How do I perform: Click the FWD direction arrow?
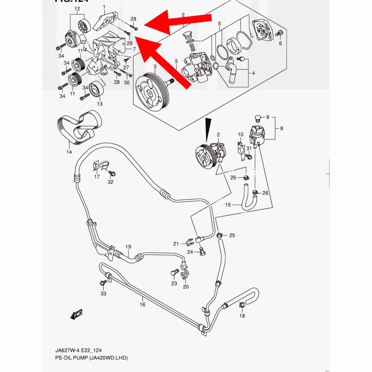[x=76, y=314]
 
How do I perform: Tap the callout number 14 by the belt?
[x=69, y=152]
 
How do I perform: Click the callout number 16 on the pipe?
[x=142, y=304]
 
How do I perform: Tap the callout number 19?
[x=128, y=247]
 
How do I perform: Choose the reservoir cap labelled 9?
[x=256, y=119]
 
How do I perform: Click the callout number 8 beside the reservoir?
[x=282, y=129]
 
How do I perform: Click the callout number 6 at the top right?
[x=280, y=44]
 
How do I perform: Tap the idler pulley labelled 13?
[x=97, y=89]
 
